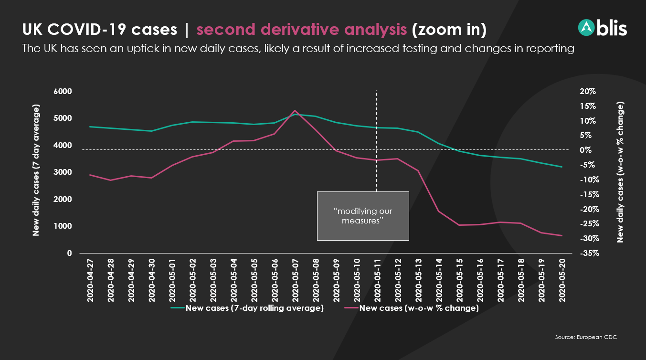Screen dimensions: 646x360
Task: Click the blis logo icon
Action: [x=586, y=28]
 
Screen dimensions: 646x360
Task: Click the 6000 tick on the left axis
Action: [x=63, y=92]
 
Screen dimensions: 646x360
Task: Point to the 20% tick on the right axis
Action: [x=588, y=92]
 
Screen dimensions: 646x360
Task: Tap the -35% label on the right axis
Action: [x=590, y=253]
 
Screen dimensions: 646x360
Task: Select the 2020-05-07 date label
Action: [x=295, y=280]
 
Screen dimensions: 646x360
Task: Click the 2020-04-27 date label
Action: [x=90, y=280]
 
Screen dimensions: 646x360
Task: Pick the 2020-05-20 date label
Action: [x=562, y=280]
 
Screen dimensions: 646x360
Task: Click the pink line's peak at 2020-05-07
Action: [x=295, y=110]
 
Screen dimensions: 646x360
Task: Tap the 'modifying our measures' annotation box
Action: [x=363, y=216]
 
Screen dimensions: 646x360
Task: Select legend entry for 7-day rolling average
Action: [x=247, y=308]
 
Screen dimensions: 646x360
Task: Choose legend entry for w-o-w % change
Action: [x=412, y=308]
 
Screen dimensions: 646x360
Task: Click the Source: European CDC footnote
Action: [x=586, y=337]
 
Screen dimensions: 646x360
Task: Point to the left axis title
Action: [x=36, y=170]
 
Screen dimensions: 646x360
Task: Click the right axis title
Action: [x=620, y=172]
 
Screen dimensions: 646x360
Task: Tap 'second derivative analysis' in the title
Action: [x=302, y=30]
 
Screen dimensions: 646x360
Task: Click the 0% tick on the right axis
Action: [x=585, y=150]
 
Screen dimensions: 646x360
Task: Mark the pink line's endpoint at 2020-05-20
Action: [x=562, y=236]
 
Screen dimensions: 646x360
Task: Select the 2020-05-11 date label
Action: [x=377, y=280]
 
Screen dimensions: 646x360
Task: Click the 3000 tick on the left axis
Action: [x=63, y=172]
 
